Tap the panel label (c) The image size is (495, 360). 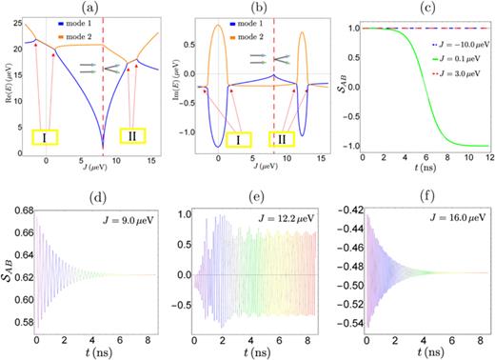[418, 8]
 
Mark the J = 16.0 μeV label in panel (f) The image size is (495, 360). [453, 207]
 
